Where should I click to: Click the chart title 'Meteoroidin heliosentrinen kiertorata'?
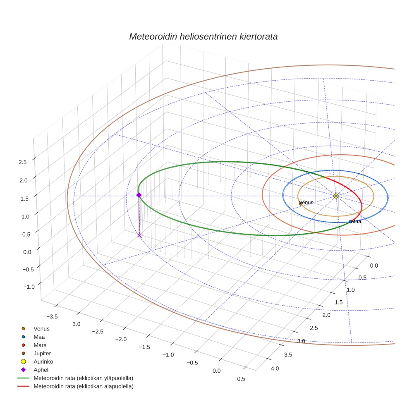203,36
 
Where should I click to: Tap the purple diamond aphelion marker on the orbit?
139,195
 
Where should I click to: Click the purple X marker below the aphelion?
140,235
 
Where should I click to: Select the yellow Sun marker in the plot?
336,196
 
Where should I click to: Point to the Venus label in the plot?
306,203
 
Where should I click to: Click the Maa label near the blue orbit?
356,222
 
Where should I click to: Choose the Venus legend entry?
41,329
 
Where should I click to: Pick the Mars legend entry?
40,345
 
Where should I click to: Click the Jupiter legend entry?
42,353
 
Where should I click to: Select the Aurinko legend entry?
43,362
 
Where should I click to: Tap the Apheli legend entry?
41,370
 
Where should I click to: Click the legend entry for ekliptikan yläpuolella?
83,378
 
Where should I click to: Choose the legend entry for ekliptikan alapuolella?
83,386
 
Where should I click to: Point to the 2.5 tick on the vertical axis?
23,162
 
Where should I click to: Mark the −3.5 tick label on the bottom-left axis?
52,316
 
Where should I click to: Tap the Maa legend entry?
39,337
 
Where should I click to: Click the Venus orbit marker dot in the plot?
301,203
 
